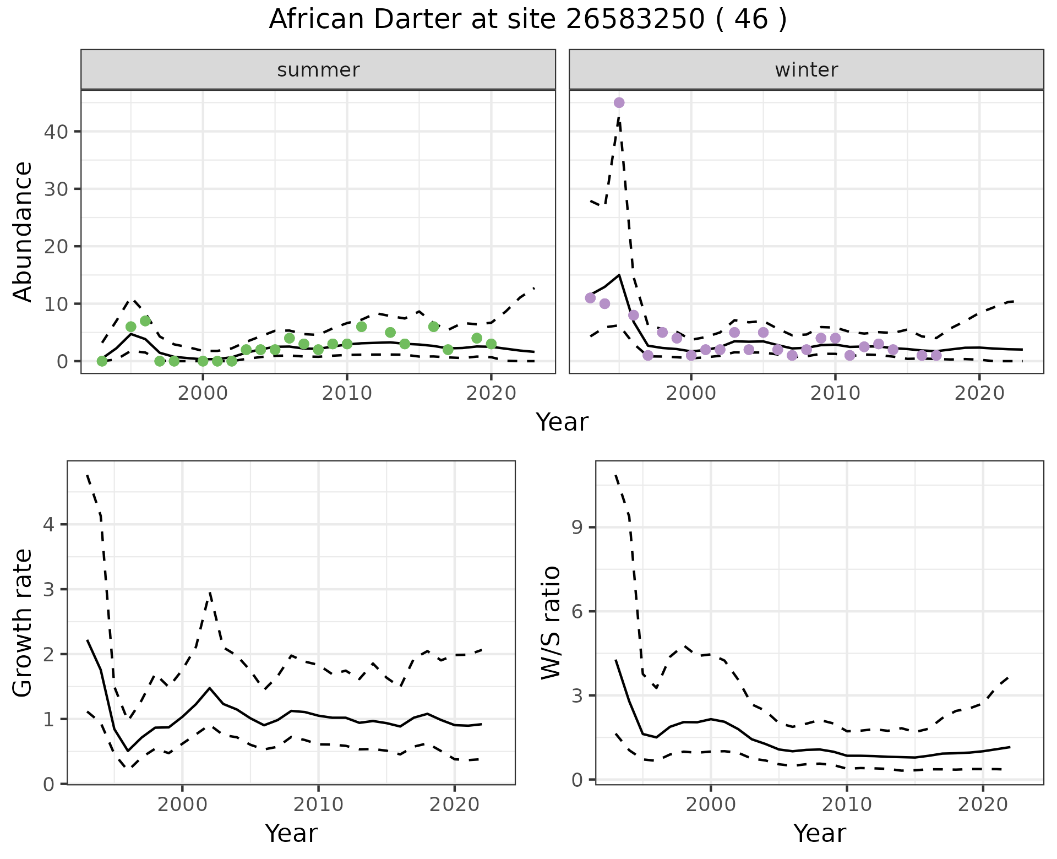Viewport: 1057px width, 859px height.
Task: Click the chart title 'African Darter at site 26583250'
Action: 527,20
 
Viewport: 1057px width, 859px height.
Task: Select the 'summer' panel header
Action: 318,70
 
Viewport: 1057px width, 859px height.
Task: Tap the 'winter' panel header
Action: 806,70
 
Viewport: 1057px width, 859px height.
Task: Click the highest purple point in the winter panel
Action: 619,102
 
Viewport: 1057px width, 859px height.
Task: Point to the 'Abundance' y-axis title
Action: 23,231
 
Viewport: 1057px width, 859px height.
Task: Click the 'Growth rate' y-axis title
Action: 23,623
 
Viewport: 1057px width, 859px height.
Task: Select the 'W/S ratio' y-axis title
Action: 551,622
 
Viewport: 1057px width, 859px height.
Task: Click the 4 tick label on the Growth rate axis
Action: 48,524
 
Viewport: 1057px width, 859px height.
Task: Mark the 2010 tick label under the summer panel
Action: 347,394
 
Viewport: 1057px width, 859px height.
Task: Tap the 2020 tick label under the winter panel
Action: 979,394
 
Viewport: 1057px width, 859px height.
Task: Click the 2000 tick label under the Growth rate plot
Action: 182,804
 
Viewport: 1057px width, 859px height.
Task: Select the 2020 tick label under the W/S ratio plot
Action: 983,804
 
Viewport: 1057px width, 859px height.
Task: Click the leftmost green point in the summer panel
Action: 102,361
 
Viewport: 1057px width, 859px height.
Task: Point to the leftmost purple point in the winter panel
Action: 590,298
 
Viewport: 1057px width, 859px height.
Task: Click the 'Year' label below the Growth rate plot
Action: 291,833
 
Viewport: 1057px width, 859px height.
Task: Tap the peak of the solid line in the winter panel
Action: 619,275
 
